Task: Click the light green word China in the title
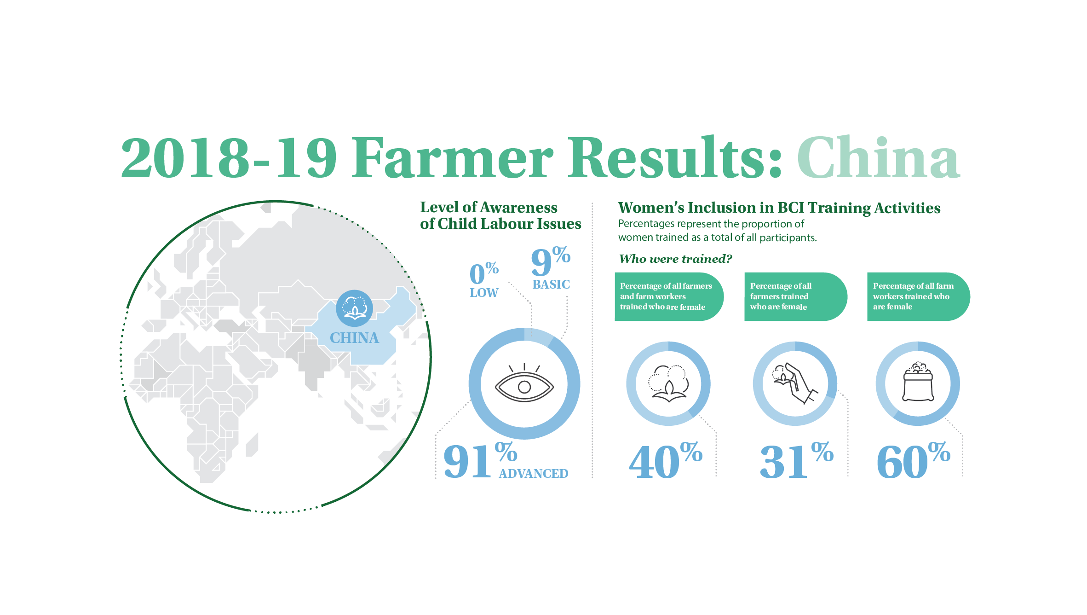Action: pos(879,157)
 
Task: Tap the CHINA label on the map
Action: pos(354,338)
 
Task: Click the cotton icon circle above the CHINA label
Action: pos(354,308)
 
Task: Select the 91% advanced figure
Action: pos(480,461)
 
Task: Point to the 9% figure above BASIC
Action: pos(551,261)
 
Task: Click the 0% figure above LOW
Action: pos(484,273)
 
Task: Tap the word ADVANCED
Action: pos(534,474)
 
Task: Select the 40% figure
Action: pos(666,461)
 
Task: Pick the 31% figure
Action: pos(796,461)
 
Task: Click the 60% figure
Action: pos(914,461)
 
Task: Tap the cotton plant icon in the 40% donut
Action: pos(668,383)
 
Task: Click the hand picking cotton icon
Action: pos(795,383)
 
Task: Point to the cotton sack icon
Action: pos(918,382)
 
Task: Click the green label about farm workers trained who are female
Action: pos(918,296)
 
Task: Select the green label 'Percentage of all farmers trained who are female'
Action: pos(796,296)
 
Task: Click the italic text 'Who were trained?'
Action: pos(675,259)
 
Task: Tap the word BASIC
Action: pos(551,284)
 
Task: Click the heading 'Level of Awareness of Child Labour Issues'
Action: pos(500,215)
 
